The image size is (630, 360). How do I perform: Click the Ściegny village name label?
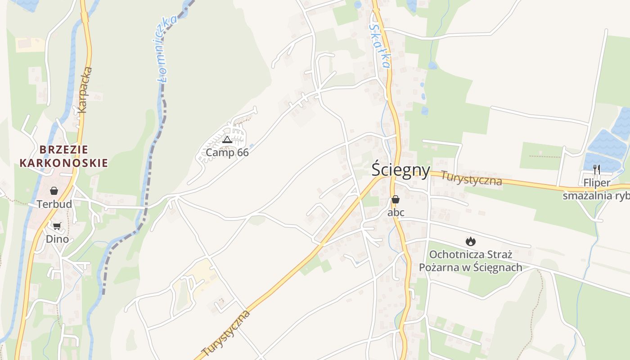click(x=400, y=170)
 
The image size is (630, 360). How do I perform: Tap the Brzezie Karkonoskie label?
click(x=63, y=156)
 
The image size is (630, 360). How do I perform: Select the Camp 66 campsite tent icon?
click(x=227, y=139)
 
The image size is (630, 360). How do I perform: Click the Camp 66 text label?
click(x=227, y=153)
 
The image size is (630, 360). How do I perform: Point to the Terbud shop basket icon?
click(x=54, y=191)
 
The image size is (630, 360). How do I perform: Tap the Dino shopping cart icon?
click(x=57, y=226)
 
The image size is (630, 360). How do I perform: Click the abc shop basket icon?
click(x=396, y=199)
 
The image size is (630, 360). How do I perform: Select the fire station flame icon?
click(x=471, y=241)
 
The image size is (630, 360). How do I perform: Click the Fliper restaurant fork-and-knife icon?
click(x=597, y=170)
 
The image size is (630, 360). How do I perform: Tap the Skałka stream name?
click(x=379, y=45)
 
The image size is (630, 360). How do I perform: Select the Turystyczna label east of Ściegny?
click(x=471, y=178)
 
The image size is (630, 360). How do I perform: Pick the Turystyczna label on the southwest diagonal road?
click(x=226, y=333)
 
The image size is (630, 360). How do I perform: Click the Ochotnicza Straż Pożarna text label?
click(x=471, y=261)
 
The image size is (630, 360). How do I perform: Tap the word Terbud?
click(x=54, y=204)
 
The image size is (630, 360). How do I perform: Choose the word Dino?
click(x=57, y=239)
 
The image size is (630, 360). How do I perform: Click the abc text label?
click(x=396, y=212)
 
